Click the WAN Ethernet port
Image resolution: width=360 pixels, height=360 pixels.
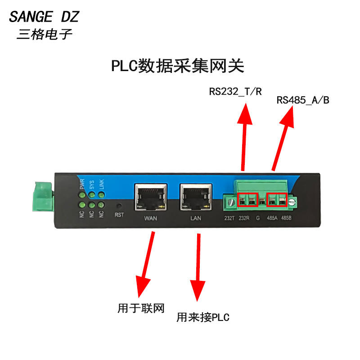[x=151, y=197]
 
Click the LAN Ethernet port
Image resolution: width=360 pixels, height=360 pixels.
[x=196, y=197]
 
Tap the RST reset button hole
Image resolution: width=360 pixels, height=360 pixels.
[x=119, y=206]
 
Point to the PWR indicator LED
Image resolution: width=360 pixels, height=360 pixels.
[x=82, y=195]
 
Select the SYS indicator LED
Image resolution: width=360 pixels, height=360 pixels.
[x=92, y=195]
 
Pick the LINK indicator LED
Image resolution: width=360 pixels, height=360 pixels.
[x=101, y=195]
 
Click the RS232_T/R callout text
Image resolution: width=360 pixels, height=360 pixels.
[x=235, y=92]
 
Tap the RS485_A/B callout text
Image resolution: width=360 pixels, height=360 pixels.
[x=303, y=100]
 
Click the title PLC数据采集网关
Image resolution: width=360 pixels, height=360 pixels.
[x=177, y=66]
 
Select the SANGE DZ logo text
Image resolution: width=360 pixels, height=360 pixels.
[x=44, y=17]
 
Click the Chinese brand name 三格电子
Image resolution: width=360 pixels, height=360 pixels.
[x=44, y=35]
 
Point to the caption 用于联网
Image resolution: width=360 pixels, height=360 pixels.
[x=141, y=308]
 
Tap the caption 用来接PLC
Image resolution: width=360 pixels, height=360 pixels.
[x=203, y=317]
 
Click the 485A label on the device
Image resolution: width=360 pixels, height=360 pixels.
[x=272, y=218]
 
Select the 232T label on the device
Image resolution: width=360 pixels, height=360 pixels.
[x=229, y=218]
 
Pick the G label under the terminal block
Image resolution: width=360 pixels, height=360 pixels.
[x=258, y=218]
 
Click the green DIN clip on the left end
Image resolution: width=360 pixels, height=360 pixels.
[x=43, y=197]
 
